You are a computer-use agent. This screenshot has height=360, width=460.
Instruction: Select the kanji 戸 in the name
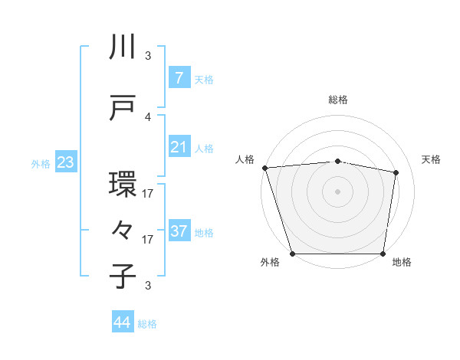coord(123,108)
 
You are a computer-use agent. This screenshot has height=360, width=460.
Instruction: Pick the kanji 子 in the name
coord(123,277)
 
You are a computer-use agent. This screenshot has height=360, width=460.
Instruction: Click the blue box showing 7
coord(179,78)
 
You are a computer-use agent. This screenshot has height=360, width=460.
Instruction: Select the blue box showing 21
coord(179,147)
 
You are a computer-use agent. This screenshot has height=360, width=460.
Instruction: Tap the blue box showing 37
coord(179,231)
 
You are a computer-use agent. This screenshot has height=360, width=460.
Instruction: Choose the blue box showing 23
coord(65,162)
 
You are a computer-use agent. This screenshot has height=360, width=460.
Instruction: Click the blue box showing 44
coord(123,323)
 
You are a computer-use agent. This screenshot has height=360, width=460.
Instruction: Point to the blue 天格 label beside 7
coord(204,79)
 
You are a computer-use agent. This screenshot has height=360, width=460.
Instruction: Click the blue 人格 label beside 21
coord(204,148)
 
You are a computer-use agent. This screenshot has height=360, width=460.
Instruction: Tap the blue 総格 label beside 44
coord(147,324)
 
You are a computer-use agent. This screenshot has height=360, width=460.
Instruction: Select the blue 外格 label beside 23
coord(41,163)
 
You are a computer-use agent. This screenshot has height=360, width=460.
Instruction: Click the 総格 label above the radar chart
coord(337,100)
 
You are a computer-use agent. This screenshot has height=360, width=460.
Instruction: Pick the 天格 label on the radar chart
coord(431,159)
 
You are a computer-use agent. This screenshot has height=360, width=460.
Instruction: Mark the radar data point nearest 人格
coord(264,168)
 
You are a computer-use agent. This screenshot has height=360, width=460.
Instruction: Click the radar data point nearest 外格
coord(293,253)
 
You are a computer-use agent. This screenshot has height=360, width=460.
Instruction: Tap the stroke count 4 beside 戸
coord(148,116)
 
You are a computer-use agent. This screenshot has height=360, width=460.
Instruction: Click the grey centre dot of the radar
coord(337,191)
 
